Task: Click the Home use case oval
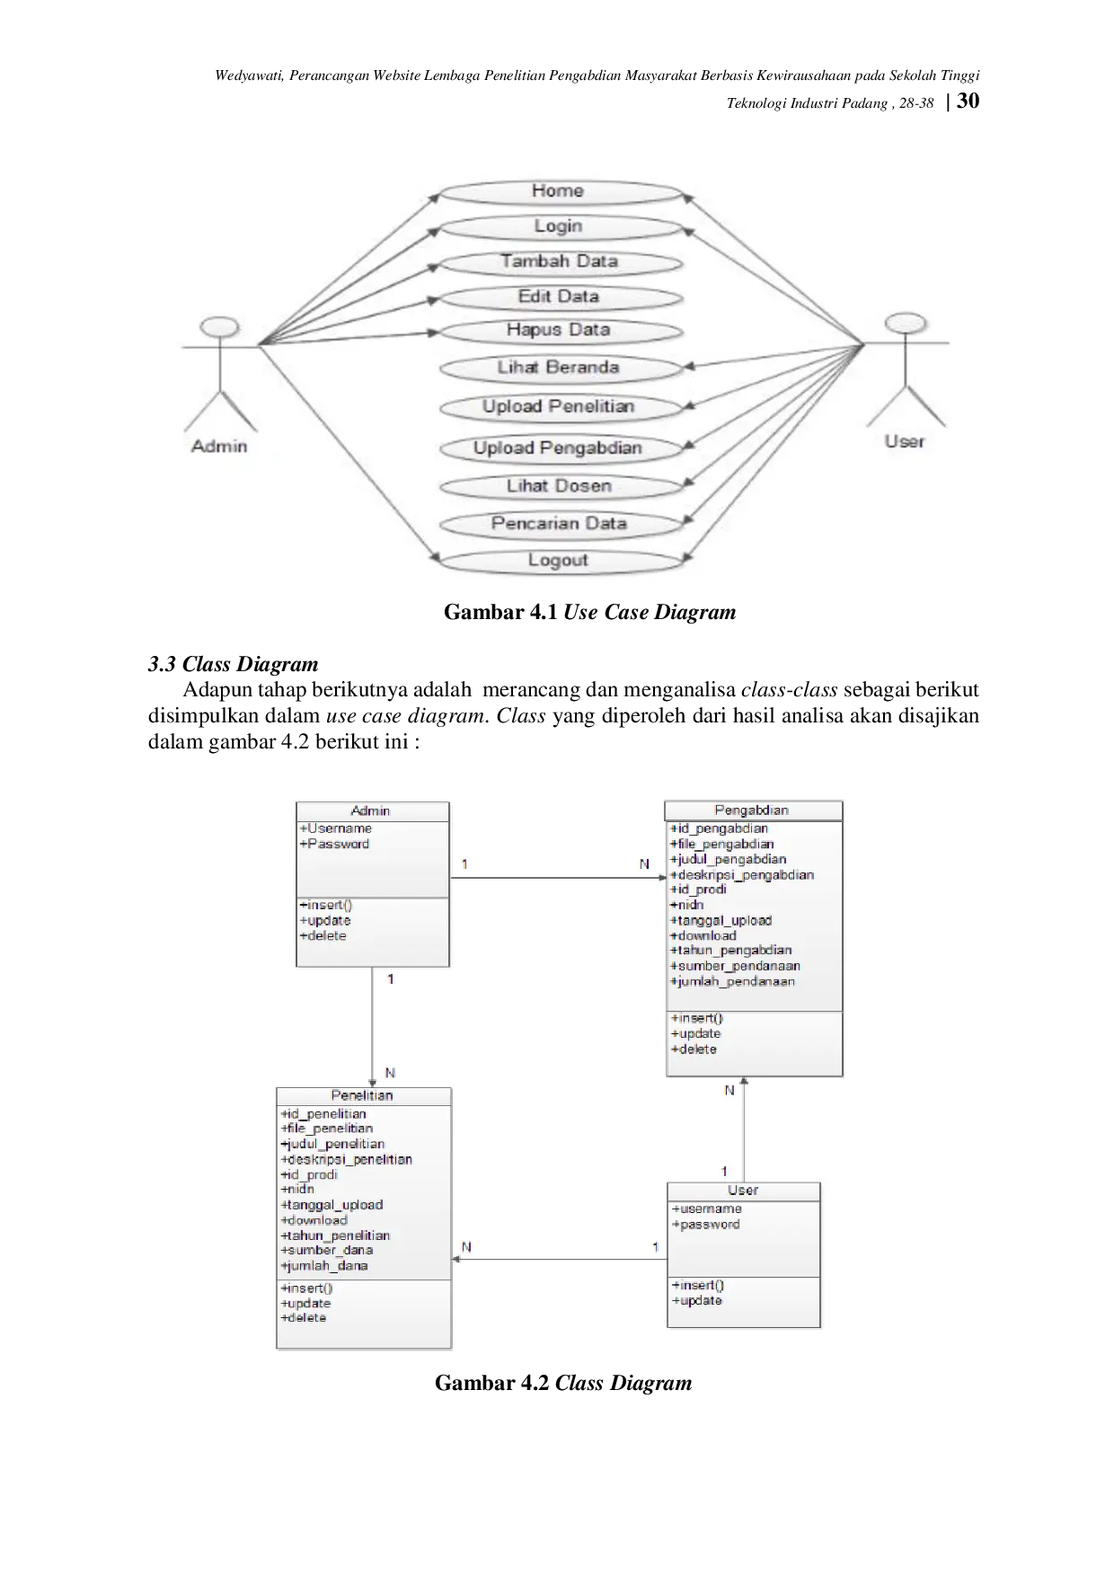(558, 191)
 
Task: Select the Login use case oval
(558, 226)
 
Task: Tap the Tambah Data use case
(559, 261)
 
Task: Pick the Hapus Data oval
(558, 330)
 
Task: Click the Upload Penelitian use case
(558, 407)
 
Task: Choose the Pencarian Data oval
(558, 524)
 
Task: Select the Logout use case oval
(558, 561)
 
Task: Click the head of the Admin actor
(221, 327)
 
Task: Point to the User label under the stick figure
(904, 441)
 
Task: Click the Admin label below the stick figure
(219, 447)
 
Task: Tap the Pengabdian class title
(752, 810)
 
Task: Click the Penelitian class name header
(362, 1096)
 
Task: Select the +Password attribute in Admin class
(334, 844)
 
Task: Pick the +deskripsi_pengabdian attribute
(742, 874)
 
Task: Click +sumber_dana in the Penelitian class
(327, 1250)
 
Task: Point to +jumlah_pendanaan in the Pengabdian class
(733, 981)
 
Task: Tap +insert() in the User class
(698, 1285)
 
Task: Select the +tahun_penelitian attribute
(335, 1235)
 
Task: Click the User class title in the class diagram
(743, 1191)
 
